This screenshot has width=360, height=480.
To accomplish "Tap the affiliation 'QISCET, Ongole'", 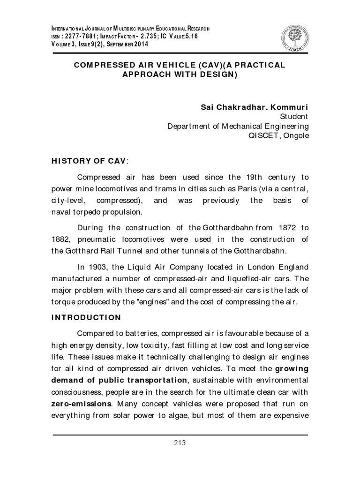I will pyautogui.click(x=279, y=135).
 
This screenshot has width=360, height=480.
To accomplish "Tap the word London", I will pyautogui.click(x=250, y=267).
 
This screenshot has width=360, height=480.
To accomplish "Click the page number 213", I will pyautogui.click(x=180, y=442).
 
